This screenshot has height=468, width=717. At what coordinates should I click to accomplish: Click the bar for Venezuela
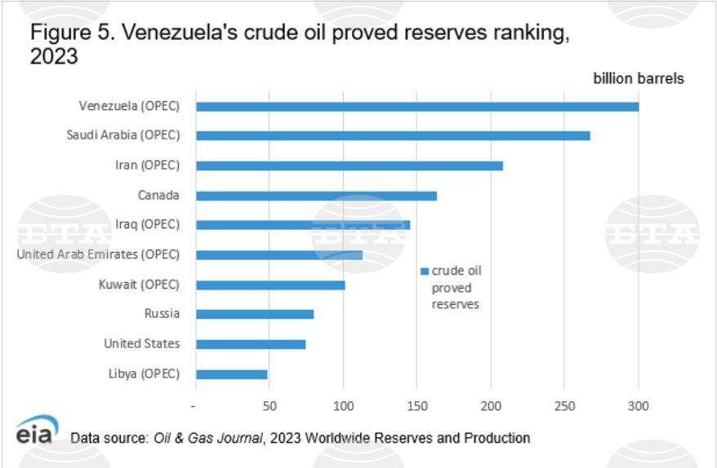416,106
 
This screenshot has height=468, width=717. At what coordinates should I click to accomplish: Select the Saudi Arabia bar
392,135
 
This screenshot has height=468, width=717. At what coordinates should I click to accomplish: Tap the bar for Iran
349,166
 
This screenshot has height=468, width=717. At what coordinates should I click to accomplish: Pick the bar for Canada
316,196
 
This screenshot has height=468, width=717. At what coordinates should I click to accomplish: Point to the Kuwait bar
270,285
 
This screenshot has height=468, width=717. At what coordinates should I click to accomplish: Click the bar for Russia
254,314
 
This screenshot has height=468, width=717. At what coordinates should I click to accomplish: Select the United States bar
250,344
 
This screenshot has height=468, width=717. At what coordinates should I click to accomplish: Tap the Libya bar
231,374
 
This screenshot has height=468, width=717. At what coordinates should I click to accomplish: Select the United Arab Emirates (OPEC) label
98,254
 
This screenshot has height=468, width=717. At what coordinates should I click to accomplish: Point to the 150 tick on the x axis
416,406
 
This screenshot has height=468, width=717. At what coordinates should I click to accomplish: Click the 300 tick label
639,406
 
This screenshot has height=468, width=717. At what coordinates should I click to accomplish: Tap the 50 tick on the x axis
269,406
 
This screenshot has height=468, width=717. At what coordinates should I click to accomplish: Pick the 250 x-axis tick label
564,406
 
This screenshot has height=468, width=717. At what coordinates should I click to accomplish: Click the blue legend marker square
425,272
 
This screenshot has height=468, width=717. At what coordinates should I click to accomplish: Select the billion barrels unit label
639,79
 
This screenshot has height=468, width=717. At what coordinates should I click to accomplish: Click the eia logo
36,432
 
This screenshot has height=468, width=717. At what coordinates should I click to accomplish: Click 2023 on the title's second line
54,59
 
